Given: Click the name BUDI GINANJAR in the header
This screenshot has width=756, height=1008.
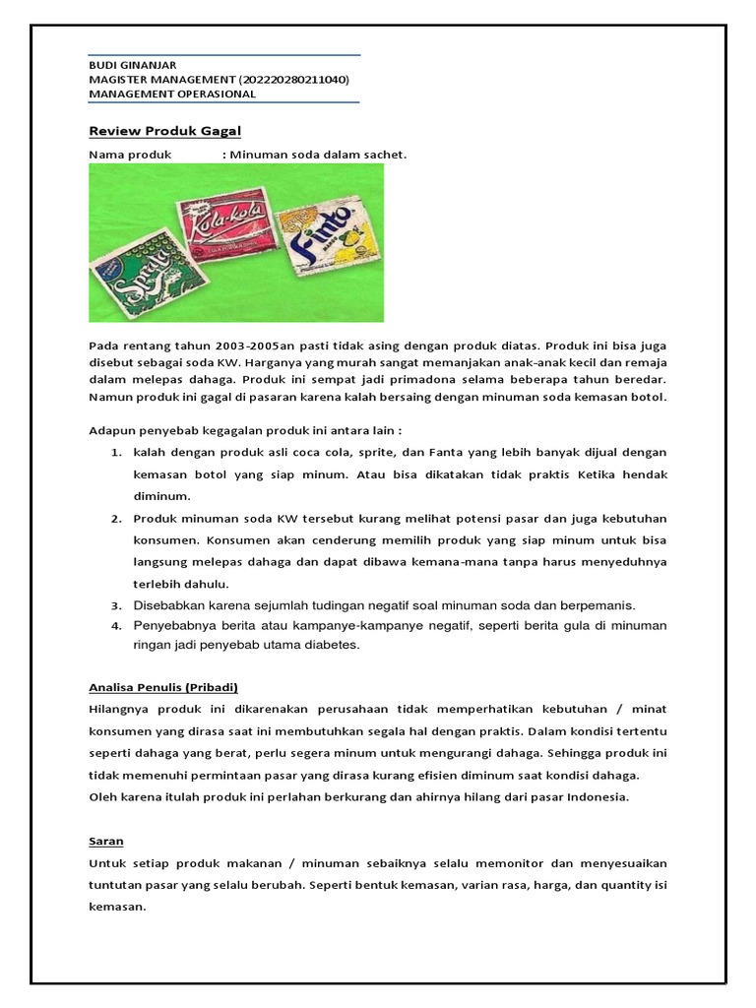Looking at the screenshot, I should pos(133,65).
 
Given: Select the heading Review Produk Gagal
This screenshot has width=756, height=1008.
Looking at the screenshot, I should pos(164,131).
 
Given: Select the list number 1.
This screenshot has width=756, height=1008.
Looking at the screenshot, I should pos(115,452).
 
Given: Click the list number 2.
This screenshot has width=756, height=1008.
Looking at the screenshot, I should pos(115,518).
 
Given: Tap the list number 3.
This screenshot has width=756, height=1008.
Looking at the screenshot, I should pos(115,604).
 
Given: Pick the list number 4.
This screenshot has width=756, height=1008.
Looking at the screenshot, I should pos(115,625).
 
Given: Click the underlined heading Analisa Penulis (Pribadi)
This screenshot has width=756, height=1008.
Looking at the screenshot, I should pos(163,687).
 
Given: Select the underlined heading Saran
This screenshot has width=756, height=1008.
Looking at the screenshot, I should pos(106,842).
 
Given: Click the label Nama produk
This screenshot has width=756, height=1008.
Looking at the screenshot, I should pos(130,155).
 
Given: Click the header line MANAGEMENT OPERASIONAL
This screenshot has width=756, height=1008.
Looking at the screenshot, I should pos(172,94).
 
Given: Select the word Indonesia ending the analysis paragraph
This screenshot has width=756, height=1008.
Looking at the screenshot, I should pos(597,796).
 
